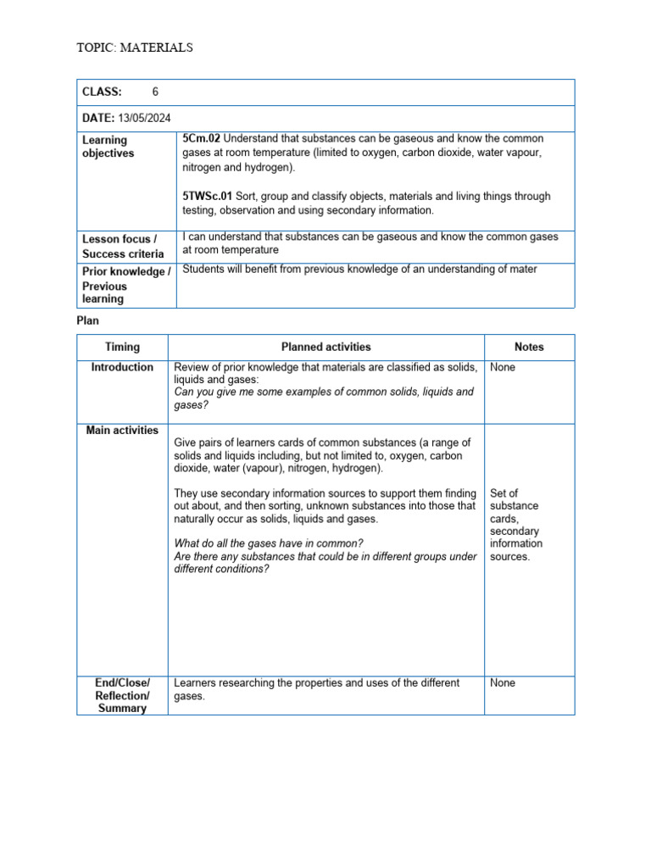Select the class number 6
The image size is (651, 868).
(x=155, y=92)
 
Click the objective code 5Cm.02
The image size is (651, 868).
(x=202, y=138)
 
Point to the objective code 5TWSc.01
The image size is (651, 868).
(x=208, y=196)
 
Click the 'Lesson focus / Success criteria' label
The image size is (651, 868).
(x=123, y=247)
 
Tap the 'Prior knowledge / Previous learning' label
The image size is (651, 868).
(x=125, y=285)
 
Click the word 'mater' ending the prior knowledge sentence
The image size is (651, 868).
(x=520, y=270)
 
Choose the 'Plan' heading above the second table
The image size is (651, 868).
(x=89, y=321)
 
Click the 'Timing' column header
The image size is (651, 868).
(x=122, y=347)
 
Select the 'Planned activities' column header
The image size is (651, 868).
(x=325, y=347)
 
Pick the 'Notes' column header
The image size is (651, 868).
(x=529, y=347)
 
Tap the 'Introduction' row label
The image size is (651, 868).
(x=122, y=367)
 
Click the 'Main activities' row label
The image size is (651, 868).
(x=122, y=431)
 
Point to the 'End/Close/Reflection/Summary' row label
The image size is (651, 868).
(x=122, y=695)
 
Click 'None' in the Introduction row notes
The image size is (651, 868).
(x=503, y=367)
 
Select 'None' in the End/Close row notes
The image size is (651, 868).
(x=503, y=682)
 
